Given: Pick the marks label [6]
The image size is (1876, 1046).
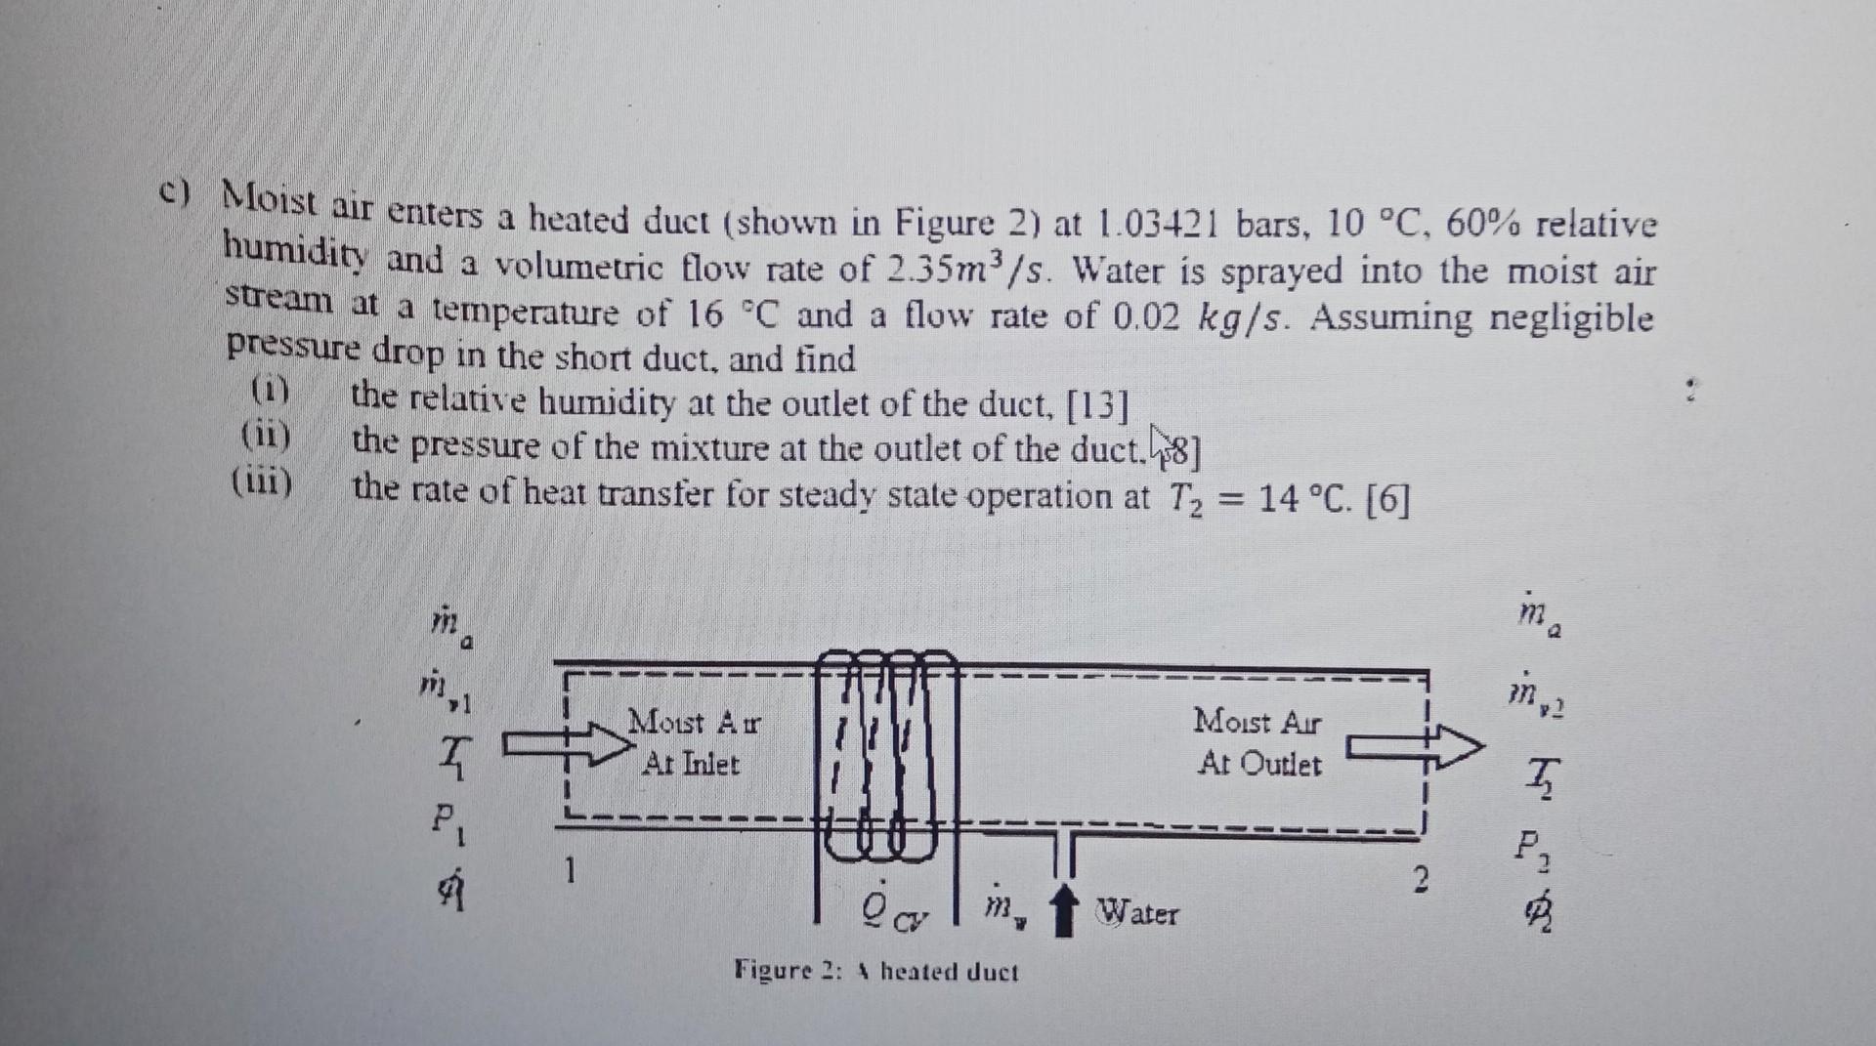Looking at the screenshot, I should coord(1387,500).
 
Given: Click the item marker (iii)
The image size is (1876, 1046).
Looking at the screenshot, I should coord(262,481).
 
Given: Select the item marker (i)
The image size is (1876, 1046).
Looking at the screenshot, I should coord(271,392).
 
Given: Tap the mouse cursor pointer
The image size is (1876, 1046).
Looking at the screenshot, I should coord(1160,440).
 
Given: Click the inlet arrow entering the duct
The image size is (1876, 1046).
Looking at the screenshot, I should coord(567,746).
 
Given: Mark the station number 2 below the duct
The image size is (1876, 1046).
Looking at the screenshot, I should coord(1422,880).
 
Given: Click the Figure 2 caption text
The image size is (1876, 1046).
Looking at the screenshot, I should coord(875,972).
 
